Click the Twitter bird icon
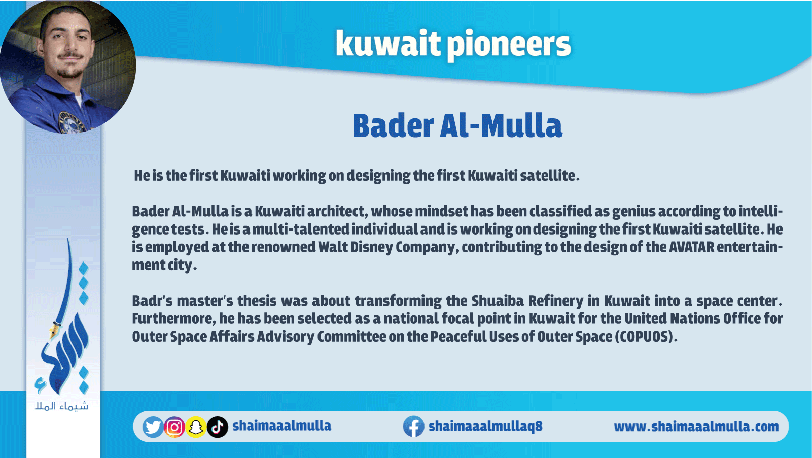(153, 427)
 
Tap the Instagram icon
(174, 427)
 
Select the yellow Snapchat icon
(196, 427)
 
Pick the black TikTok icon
(218, 427)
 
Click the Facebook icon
(414, 427)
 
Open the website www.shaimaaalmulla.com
(696, 427)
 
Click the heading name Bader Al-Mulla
(457, 125)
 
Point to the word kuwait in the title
(388, 43)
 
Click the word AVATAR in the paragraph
(691, 247)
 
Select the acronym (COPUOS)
(646, 337)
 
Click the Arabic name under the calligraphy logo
(62, 406)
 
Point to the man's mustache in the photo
(70, 55)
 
